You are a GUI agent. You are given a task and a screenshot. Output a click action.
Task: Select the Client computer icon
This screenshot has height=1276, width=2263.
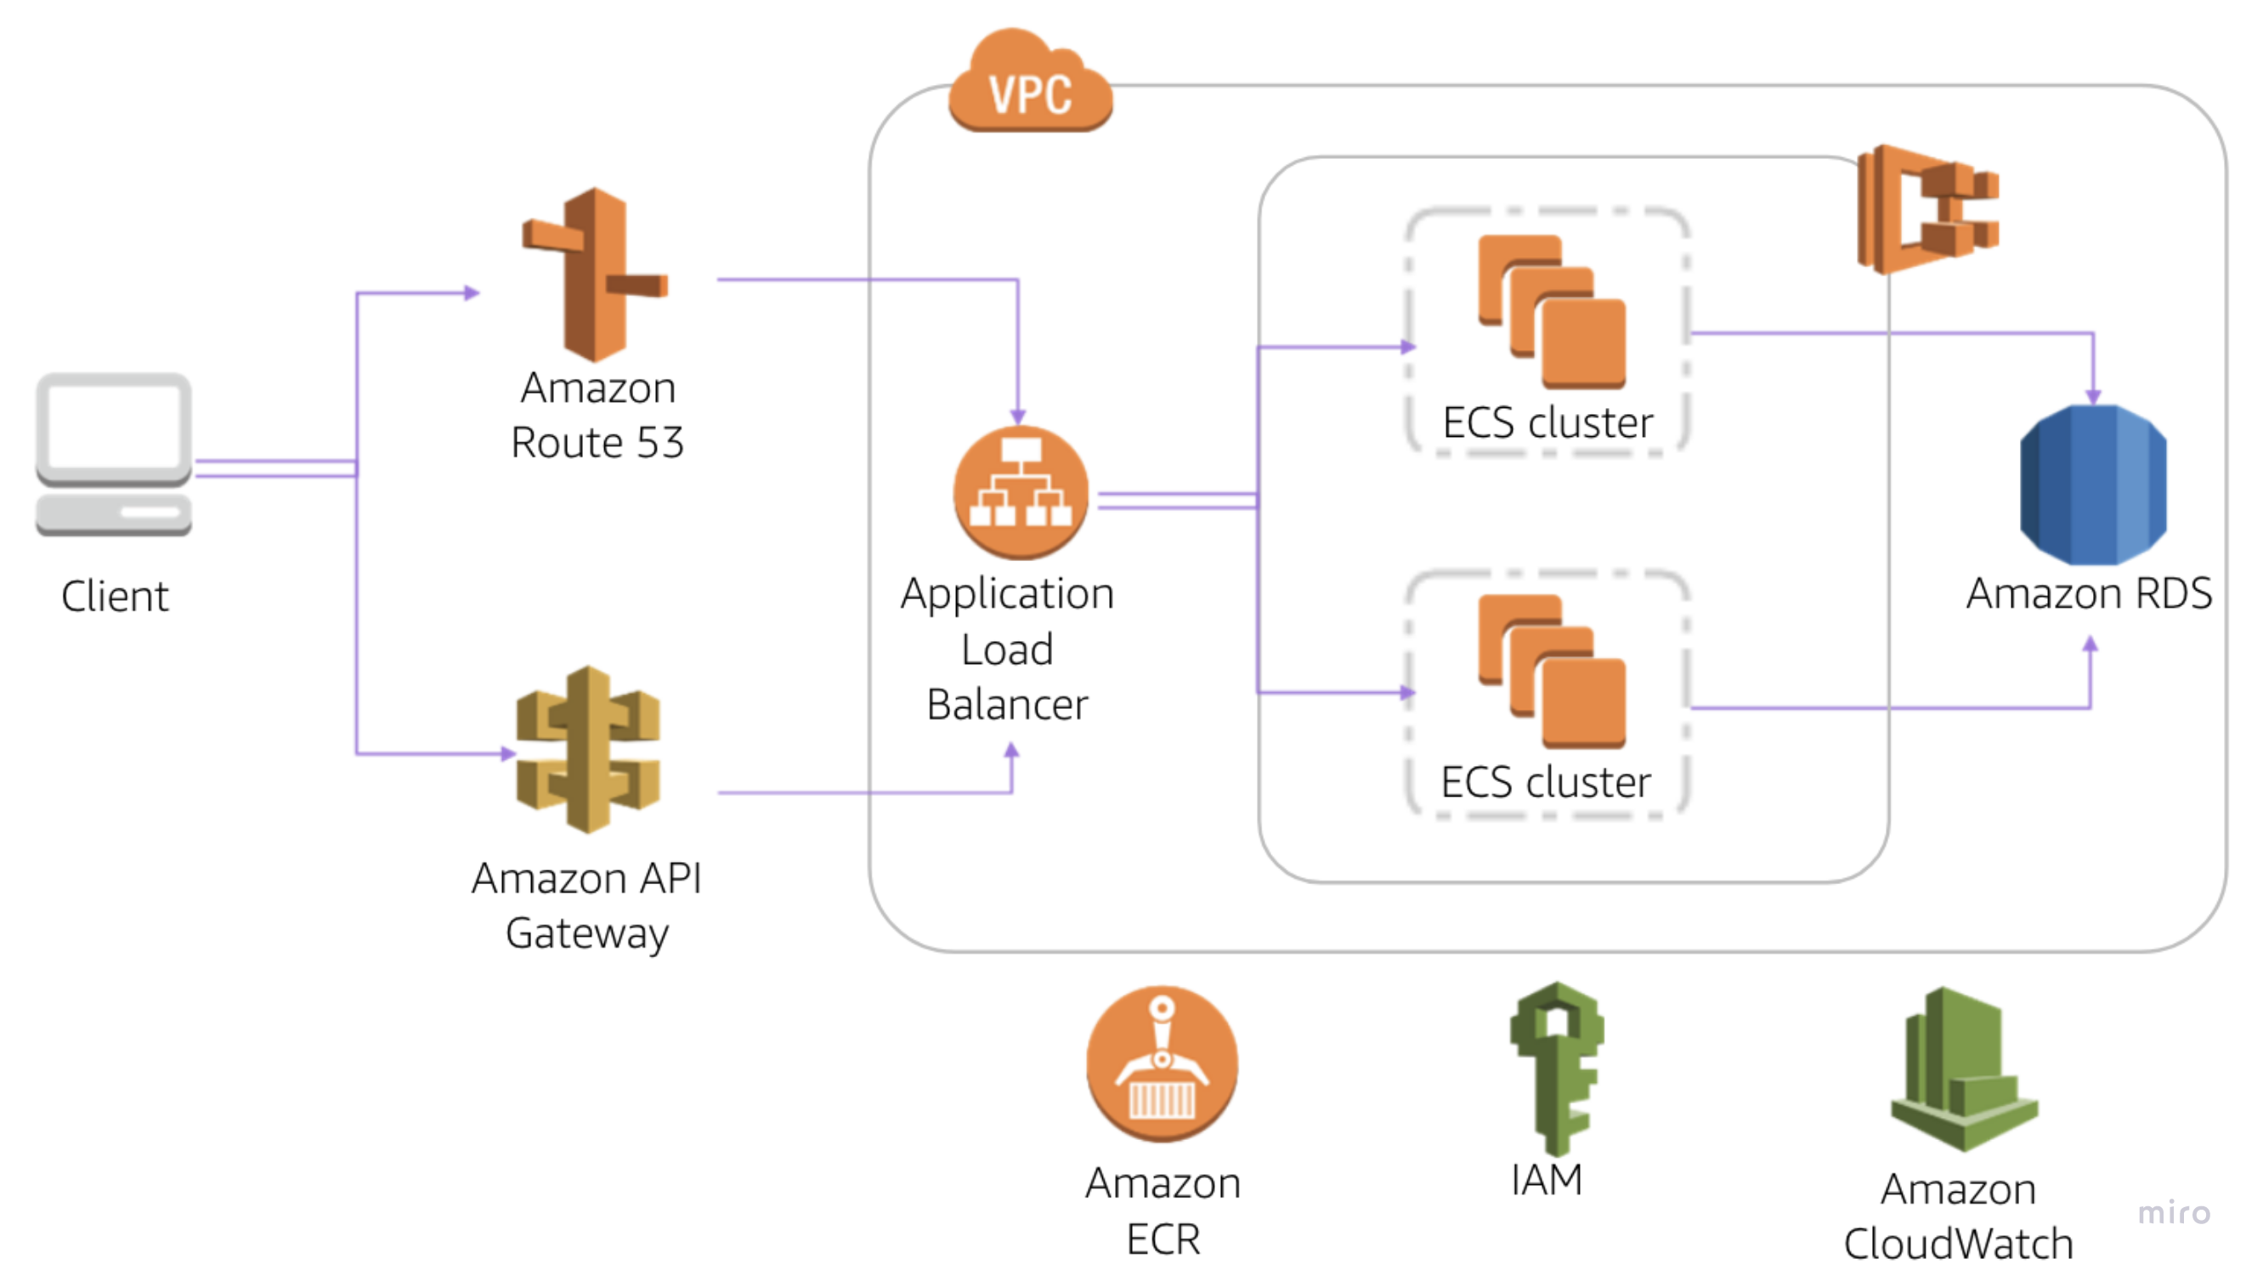(x=114, y=453)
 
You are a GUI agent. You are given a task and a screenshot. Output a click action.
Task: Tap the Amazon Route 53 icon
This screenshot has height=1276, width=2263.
(x=595, y=275)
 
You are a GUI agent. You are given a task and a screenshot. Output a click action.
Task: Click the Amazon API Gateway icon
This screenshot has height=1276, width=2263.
(x=588, y=750)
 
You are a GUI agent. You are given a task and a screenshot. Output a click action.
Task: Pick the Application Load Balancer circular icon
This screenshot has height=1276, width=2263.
(x=1021, y=492)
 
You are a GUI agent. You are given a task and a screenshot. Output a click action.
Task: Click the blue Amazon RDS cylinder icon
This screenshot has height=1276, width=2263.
(x=2092, y=485)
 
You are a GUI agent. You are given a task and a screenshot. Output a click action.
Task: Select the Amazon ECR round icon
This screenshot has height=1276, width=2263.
(x=1162, y=1063)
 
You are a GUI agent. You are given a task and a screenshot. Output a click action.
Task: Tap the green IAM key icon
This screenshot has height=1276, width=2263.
(x=1556, y=1067)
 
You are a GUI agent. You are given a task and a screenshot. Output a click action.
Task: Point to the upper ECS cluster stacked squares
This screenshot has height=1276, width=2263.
(x=1551, y=312)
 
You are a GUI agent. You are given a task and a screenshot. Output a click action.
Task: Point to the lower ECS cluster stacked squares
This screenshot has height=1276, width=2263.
(x=1551, y=672)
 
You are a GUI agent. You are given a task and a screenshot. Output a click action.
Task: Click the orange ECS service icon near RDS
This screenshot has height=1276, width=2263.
(x=1927, y=209)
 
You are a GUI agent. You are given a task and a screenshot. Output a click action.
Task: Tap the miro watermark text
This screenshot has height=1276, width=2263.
(x=2174, y=1213)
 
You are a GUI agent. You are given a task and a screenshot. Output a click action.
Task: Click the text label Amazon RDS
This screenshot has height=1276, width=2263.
(x=2088, y=593)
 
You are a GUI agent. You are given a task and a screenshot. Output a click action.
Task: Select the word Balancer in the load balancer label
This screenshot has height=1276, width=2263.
(x=1007, y=705)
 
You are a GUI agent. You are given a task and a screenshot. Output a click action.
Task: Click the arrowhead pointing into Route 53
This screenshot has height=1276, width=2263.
(x=472, y=292)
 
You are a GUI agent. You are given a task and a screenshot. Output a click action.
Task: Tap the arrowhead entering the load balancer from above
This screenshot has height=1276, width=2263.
(x=1017, y=417)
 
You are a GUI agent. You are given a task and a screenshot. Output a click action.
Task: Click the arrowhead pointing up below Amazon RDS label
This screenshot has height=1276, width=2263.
(x=2090, y=644)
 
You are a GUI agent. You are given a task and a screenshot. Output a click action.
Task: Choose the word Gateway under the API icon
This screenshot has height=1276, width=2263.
(x=587, y=933)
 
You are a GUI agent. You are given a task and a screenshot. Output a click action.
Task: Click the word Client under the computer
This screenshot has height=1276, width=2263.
(x=114, y=597)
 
